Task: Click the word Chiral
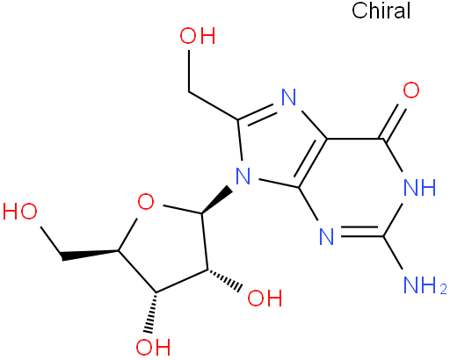381,11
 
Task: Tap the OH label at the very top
198,36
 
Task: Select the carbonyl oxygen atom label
411,90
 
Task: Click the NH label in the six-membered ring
420,187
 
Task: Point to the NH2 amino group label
425,284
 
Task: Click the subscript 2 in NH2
443,289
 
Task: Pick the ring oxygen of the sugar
146,202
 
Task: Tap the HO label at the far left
20,212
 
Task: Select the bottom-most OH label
153,347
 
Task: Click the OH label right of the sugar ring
265,299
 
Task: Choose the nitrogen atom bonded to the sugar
243,176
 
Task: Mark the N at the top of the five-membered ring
289,97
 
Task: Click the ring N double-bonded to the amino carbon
327,236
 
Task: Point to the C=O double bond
395,124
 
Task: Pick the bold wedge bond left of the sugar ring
91,255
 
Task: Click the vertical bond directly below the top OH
189,71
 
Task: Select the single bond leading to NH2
393,252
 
